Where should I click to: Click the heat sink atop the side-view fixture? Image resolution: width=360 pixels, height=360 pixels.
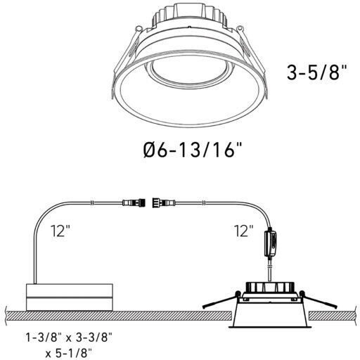(270, 289)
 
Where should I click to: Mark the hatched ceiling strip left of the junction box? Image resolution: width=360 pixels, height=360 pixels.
(12, 310)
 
